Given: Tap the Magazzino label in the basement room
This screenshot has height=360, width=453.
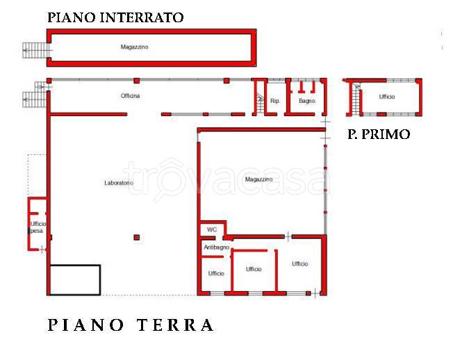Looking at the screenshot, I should (135, 47).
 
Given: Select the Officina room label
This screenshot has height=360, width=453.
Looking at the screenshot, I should (130, 96).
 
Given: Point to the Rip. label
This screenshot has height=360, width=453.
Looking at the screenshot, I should (275, 101).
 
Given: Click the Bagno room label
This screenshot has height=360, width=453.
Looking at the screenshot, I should (306, 101).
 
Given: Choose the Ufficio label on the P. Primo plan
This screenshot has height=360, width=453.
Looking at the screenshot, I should (387, 97).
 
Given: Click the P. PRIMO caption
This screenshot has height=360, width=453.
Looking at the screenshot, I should (378, 135).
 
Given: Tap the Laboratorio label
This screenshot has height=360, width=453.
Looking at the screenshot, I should (118, 183).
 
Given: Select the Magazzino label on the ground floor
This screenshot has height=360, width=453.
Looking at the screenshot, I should (258, 179).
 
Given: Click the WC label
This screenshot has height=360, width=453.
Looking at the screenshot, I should (211, 229).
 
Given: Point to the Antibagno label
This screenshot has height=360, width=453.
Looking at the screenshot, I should (216, 247).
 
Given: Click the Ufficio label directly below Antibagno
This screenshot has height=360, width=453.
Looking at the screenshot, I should (216, 273).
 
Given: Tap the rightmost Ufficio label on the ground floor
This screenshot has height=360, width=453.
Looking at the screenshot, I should (300, 263).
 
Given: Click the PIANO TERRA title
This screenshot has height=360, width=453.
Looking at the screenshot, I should (131, 325).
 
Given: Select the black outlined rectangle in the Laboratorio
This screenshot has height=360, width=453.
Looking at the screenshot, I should (74, 279).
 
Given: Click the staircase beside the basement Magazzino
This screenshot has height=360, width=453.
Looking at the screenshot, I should (35, 49).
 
